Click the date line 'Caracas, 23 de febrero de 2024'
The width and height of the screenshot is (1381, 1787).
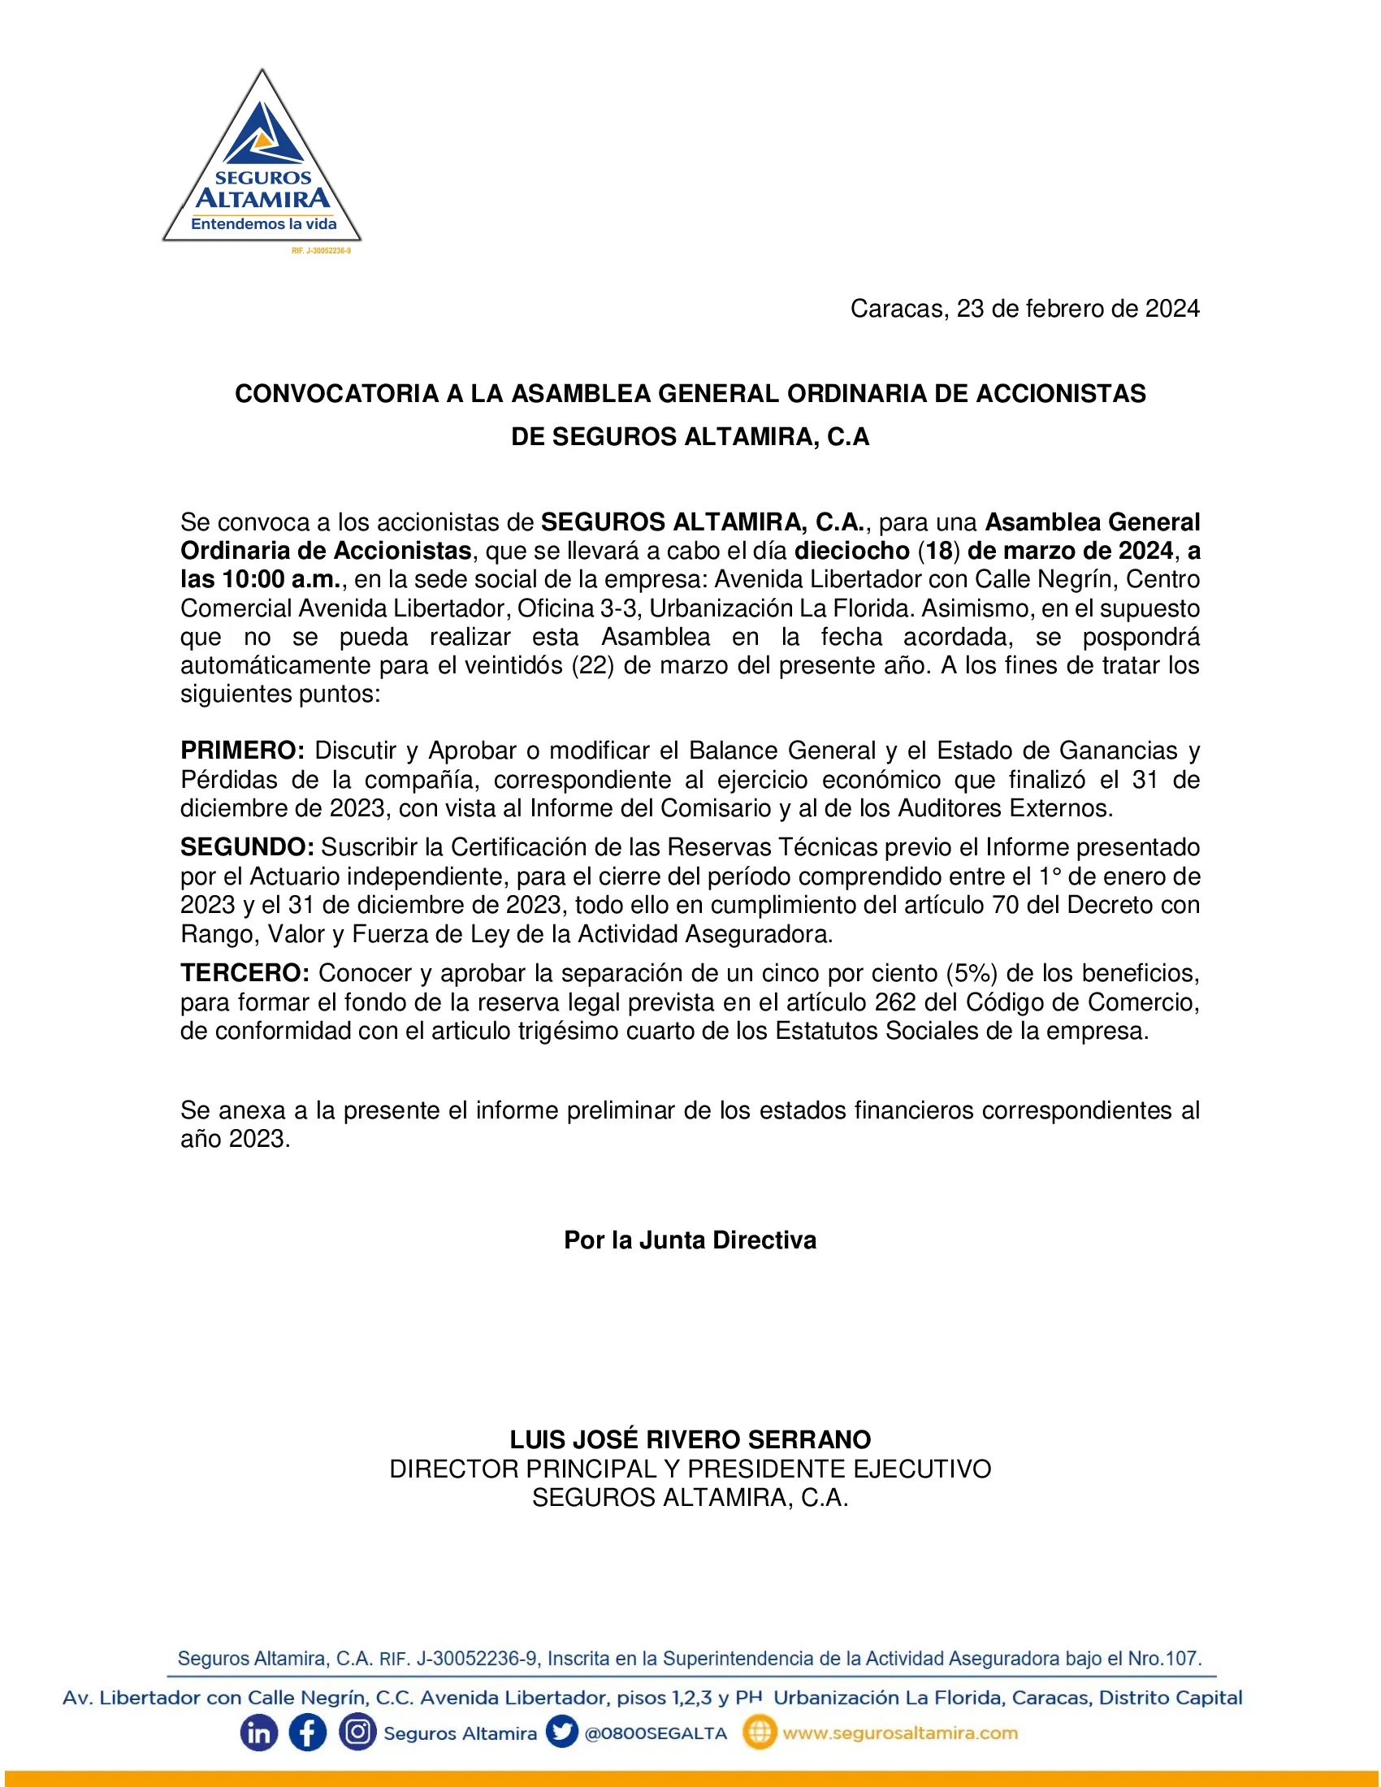click(1024, 309)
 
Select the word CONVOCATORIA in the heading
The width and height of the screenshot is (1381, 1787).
click(336, 394)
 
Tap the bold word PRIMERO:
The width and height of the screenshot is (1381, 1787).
click(242, 751)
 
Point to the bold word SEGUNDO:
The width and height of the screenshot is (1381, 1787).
click(247, 847)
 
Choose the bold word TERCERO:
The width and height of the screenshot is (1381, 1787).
click(245, 973)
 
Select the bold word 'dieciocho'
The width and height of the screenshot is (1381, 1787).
click(851, 551)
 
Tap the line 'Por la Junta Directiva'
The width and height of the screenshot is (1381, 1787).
click(690, 1240)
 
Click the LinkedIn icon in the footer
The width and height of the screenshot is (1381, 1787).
click(258, 1733)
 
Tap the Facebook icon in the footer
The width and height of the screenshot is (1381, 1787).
click(308, 1733)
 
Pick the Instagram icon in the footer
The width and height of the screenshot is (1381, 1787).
click(357, 1733)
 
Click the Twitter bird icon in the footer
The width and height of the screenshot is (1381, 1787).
click(562, 1733)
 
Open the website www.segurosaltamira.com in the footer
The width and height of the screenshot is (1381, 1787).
click(900, 1733)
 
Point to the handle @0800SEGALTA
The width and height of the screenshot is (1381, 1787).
click(656, 1733)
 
